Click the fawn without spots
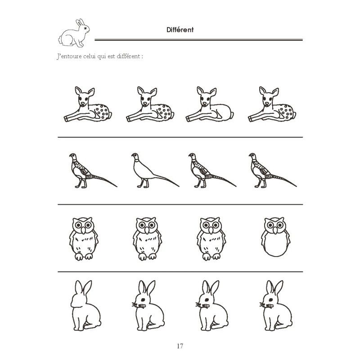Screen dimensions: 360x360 pos(209,104)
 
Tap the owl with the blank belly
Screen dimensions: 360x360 pos(275,237)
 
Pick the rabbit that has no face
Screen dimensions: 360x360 pos(85,306)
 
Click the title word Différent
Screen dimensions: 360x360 pos(180,30)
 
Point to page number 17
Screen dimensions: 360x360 pos(180,346)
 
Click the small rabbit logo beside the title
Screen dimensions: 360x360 pos(74,33)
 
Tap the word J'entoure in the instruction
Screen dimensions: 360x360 pos(69,56)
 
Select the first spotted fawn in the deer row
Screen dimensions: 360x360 pos(88,104)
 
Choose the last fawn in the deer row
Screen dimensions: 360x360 pos(272,104)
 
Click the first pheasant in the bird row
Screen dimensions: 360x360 pos(93,171)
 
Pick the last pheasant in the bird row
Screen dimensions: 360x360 pos(273,171)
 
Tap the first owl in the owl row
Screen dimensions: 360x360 pos(84,239)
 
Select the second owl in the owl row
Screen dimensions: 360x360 pos(148,239)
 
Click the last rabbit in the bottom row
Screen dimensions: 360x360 pos(276,306)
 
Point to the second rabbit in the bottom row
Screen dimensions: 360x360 pos(148,306)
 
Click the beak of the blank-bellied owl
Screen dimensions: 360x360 pos(275,230)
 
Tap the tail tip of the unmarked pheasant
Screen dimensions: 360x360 pos(179,186)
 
